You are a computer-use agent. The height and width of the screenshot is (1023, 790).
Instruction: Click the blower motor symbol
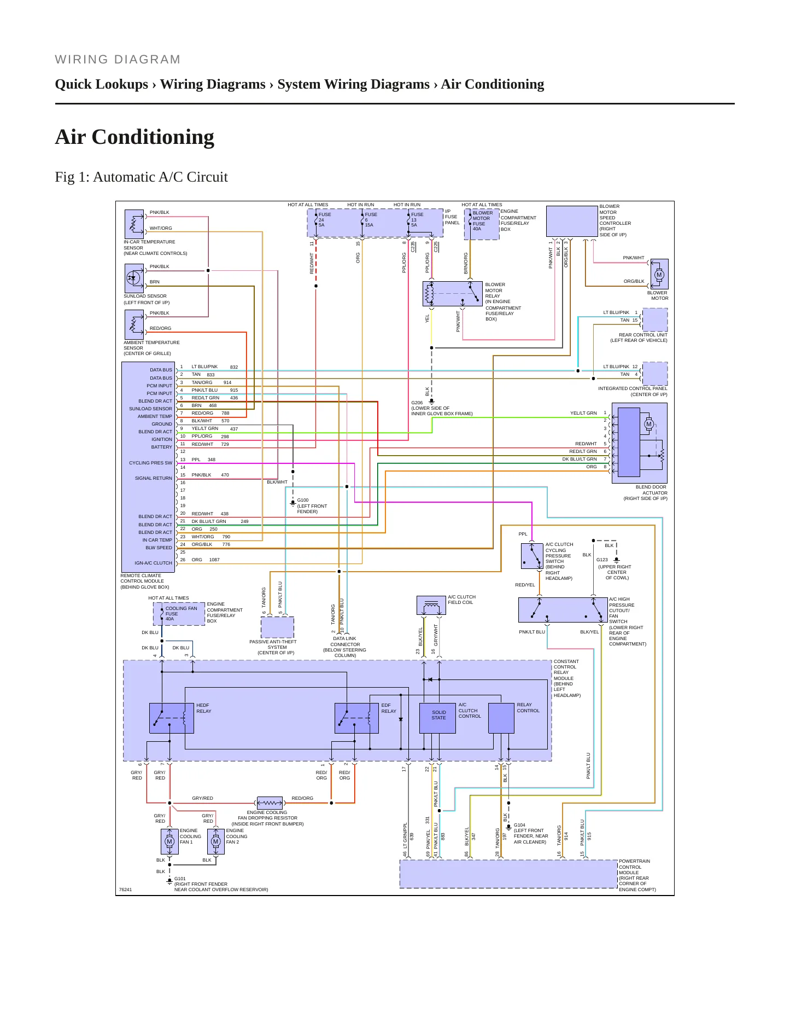[x=659, y=274]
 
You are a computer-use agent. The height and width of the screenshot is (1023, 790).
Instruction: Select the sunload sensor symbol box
[x=134, y=278]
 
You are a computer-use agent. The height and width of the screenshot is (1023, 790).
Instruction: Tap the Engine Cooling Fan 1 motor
[x=169, y=841]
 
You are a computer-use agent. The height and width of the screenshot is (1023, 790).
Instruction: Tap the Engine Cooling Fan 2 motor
[x=216, y=841]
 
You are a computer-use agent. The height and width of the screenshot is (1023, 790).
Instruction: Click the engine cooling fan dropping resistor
[x=270, y=803]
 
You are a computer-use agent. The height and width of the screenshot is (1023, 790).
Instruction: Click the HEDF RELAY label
[x=203, y=708]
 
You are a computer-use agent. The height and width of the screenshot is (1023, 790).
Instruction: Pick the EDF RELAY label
[x=389, y=708]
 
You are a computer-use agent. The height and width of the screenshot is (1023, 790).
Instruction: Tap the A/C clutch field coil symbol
[x=431, y=606]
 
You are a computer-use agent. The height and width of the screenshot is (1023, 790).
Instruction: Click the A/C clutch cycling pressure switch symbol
[x=532, y=556]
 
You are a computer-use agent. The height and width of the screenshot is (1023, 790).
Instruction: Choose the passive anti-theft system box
[x=277, y=627]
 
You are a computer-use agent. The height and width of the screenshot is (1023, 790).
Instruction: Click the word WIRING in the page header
[x=81, y=60]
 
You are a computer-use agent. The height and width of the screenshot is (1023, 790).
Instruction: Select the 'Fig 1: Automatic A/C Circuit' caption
[x=141, y=177]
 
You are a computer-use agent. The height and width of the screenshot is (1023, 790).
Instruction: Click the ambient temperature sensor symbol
[x=134, y=324]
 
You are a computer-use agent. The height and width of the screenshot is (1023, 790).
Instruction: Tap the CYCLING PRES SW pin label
[x=150, y=463]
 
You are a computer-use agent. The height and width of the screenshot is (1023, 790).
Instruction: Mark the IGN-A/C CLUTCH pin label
[x=153, y=563]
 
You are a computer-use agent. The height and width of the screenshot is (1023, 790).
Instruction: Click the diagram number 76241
[x=125, y=890]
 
